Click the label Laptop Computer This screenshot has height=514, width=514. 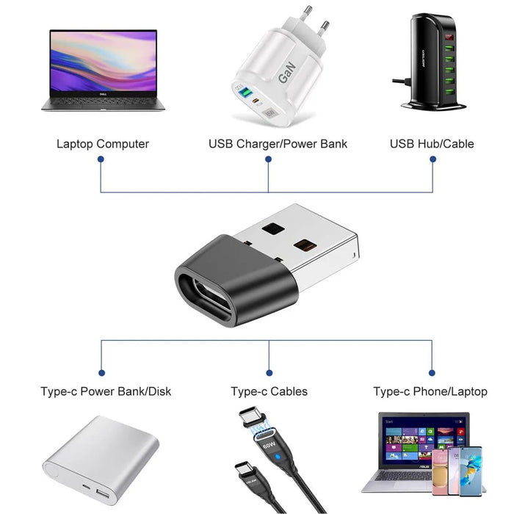(103, 144)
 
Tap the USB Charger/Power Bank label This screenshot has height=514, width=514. (278, 144)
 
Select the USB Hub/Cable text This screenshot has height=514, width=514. (432, 144)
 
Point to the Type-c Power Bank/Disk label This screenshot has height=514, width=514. (106, 391)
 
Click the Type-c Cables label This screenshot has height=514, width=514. (269, 391)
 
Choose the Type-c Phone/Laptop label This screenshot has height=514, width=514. (430, 391)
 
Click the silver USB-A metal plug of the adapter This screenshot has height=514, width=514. (308, 242)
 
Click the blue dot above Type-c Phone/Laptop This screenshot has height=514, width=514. (432, 373)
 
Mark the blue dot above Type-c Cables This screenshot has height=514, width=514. (269, 373)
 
